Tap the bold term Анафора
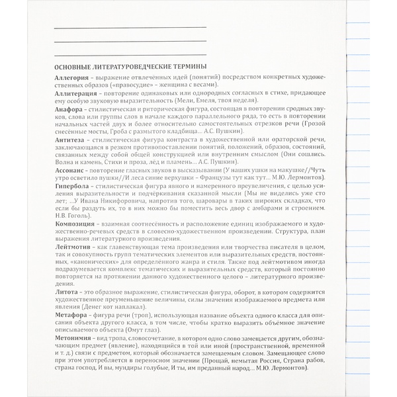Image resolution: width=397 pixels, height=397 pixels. click(x=69, y=109)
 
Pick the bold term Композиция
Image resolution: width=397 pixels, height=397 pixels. click(x=76, y=226)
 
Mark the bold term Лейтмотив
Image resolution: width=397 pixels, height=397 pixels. click(x=74, y=246)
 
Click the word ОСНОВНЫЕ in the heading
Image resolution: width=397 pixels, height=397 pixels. click(x=76, y=66)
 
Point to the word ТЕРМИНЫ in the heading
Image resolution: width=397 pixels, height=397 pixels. click(x=186, y=66)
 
